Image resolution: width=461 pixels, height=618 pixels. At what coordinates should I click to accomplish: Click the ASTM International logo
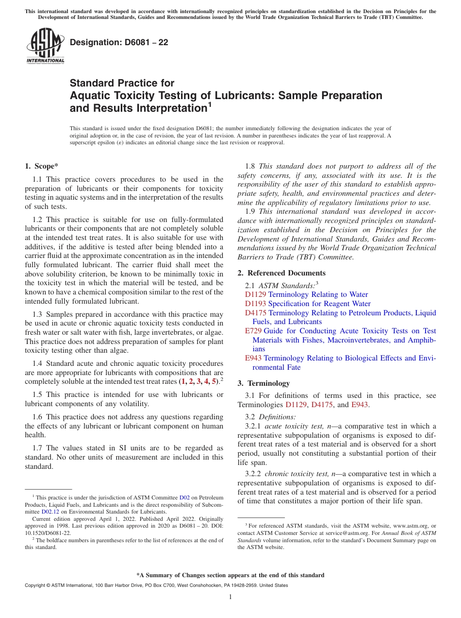[45, 46]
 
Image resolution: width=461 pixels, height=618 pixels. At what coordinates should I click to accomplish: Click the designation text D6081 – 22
[119, 42]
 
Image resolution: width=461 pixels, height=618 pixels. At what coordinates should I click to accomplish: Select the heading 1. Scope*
[42, 166]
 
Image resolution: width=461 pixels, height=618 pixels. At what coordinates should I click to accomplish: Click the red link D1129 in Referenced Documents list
[256, 294]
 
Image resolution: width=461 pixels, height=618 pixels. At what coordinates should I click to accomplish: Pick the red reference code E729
[253, 331]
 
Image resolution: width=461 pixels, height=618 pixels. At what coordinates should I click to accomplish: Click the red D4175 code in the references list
[256, 313]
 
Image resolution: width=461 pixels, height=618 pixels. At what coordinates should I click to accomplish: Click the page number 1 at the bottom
[230, 597]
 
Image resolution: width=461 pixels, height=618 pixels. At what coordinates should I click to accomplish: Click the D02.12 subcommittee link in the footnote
[50, 512]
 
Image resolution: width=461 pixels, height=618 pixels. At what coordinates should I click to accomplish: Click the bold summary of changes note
[230, 575]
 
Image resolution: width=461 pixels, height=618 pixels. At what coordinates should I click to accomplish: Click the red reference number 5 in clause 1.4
[214, 381]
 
